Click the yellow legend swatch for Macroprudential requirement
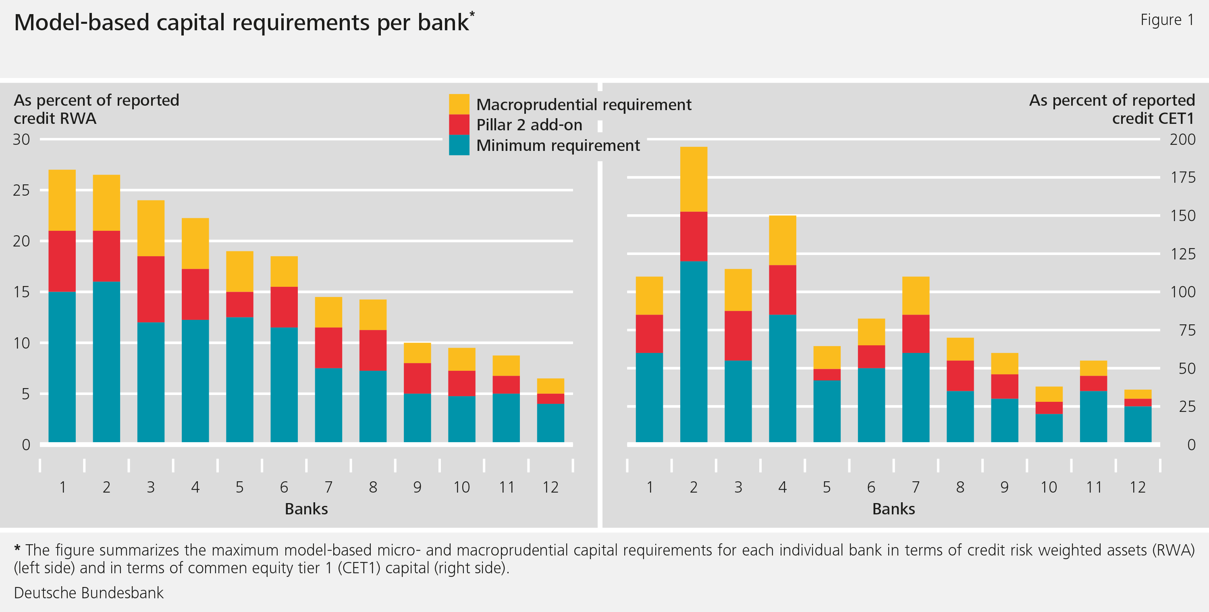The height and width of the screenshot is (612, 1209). pyautogui.click(x=459, y=104)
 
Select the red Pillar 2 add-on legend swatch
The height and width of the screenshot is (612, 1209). pyautogui.click(x=459, y=125)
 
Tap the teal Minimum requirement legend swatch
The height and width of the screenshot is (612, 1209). pyautogui.click(x=459, y=145)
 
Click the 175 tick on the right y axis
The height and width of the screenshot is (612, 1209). pyautogui.click(x=1182, y=178)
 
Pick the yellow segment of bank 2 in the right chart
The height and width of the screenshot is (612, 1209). pyautogui.click(x=693, y=179)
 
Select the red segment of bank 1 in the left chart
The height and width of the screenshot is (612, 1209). pyautogui.click(x=62, y=261)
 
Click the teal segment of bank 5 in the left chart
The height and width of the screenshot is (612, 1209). pyautogui.click(x=239, y=380)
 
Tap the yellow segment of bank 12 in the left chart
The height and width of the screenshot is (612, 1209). pyautogui.click(x=550, y=386)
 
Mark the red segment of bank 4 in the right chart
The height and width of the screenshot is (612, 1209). pyautogui.click(x=782, y=290)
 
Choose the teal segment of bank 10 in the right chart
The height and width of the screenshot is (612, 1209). pyautogui.click(x=1049, y=428)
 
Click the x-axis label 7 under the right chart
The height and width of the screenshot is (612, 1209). pyautogui.click(x=916, y=487)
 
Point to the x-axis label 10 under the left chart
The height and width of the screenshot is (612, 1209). pyautogui.click(x=461, y=487)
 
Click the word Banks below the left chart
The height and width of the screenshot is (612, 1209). pyautogui.click(x=306, y=509)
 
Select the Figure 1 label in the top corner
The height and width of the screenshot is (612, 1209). pyautogui.click(x=1167, y=20)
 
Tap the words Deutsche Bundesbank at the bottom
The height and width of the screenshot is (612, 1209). pyautogui.click(x=89, y=593)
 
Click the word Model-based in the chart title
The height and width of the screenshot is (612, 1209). pyautogui.click(x=81, y=23)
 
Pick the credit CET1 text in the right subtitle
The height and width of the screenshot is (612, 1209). pyautogui.click(x=1153, y=118)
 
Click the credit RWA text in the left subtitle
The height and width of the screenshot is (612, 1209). pyautogui.click(x=55, y=118)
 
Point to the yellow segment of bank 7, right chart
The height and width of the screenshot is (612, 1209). pyautogui.click(x=916, y=295)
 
